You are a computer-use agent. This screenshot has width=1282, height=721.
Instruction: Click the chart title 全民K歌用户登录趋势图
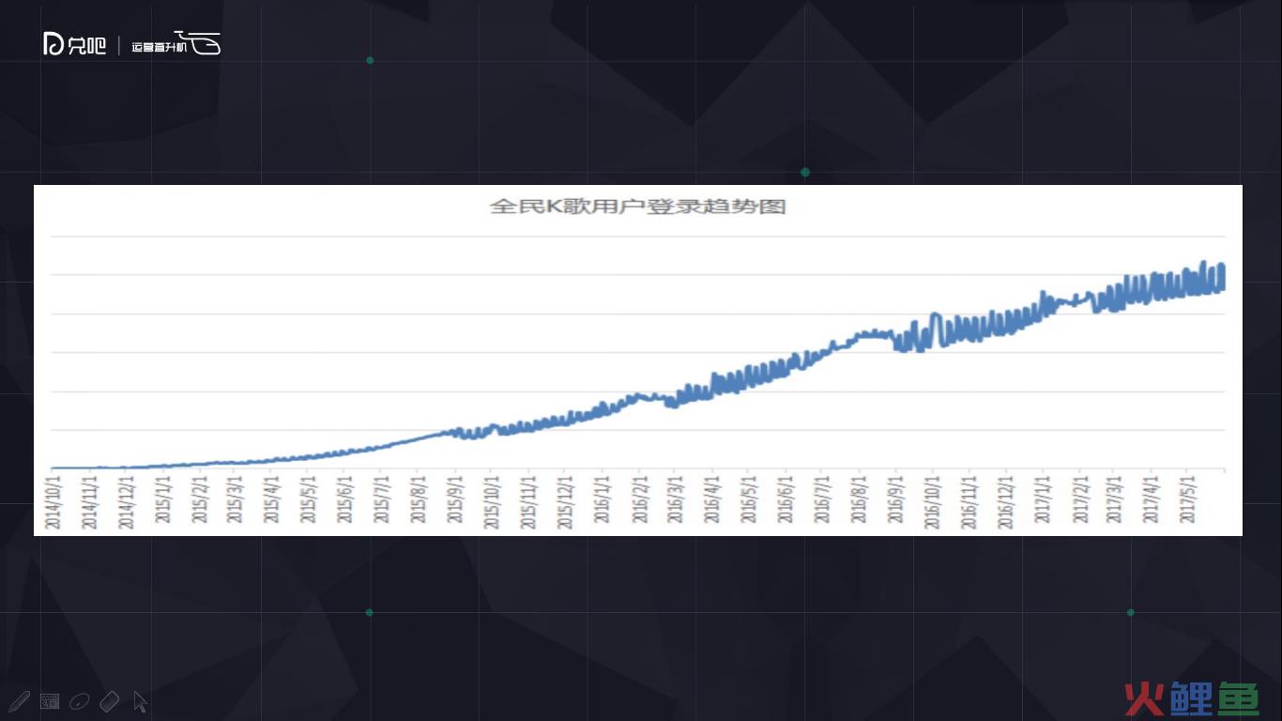click(x=637, y=207)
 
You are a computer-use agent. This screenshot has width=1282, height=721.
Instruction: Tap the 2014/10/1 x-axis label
click(x=53, y=501)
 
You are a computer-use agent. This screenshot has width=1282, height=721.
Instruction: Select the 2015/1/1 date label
click(x=163, y=501)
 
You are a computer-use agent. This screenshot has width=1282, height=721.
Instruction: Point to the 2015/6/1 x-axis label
click(x=346, y=501)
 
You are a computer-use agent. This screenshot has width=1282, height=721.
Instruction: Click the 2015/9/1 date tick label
click(x=456, y=501)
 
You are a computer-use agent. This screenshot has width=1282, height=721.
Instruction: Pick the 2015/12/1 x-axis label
click(x=566, y=501)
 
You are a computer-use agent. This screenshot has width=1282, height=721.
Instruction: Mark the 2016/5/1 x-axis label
click(x=749, y=501)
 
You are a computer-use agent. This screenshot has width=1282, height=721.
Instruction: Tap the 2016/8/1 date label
click(x=859, y=501)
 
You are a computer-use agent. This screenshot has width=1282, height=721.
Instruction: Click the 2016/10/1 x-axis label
click(x=933, y=501)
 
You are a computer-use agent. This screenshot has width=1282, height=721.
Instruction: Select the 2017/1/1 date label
click(x=1043, y=501)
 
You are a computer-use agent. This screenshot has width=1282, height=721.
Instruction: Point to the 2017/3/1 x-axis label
click(x=1115, y=501)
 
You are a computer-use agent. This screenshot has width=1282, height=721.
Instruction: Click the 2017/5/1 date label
click(x=1188, y=501)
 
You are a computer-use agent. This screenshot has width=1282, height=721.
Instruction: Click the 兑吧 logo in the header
click(x=75, y=44)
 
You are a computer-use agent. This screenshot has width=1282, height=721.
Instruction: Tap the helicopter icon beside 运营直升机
click(x=202, y=43)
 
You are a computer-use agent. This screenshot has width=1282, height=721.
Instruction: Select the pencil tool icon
click(x=18, y=701)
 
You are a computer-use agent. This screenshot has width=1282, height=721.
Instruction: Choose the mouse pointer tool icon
click(x=140, y=701)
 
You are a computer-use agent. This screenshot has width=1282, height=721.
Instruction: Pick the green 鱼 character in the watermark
click(x=1239, y=699)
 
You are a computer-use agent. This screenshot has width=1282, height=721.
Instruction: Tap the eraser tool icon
click(x=109, y=701)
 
